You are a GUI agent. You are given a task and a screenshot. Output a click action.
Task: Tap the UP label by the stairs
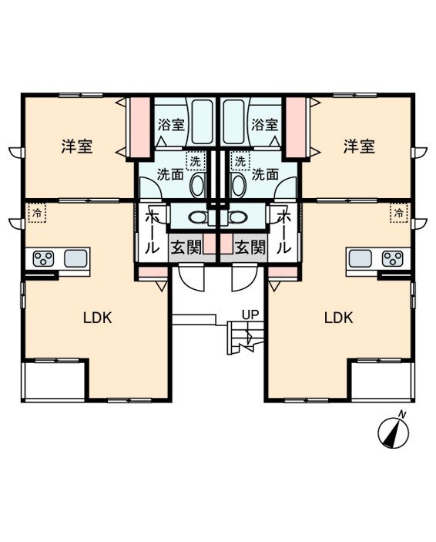tap(250, 315)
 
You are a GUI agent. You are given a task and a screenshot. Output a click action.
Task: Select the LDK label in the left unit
tap(98, 317)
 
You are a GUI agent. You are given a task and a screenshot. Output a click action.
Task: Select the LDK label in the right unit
tap(338, 317)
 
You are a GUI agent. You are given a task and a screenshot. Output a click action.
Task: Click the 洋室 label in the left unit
tap(77, 146)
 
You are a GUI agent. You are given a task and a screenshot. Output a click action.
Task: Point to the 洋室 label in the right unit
tap(359, 146)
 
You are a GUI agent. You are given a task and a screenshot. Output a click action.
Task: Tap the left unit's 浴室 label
tap(171, 124)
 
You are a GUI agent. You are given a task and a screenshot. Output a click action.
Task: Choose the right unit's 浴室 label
tap(264, 124)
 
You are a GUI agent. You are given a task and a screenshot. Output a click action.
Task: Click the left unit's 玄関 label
tap(186, 247)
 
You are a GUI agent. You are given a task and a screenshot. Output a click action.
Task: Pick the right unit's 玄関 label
tap(250, 247)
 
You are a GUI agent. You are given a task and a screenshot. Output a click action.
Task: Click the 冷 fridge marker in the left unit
tap(37, 213)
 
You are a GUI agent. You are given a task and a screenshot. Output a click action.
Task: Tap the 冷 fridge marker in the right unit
tap(399, 213)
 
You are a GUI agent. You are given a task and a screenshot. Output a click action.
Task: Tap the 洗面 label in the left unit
tap(170, 174)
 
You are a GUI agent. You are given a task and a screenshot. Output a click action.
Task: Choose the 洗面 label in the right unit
tap(265, 174)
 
